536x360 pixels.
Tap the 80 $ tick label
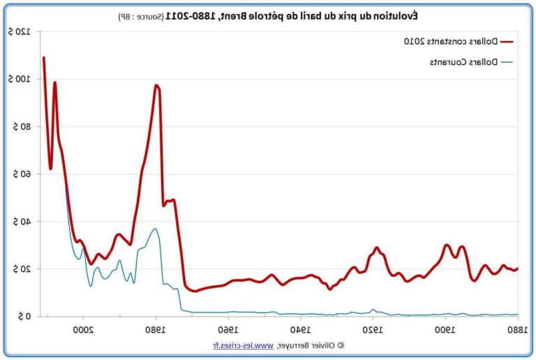[x=21, y=127]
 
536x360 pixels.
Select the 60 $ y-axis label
[x=21, y=174]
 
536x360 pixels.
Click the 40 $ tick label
[x=21, y=222]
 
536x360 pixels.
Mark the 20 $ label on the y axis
[x=21, y=269]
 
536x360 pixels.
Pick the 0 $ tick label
[x=24, y=317]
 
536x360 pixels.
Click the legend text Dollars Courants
[x=463, y=62]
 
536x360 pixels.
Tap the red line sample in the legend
[x=507, y=41]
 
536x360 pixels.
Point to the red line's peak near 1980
[x=156, y=85]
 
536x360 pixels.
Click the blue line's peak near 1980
[x=155, y=229]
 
